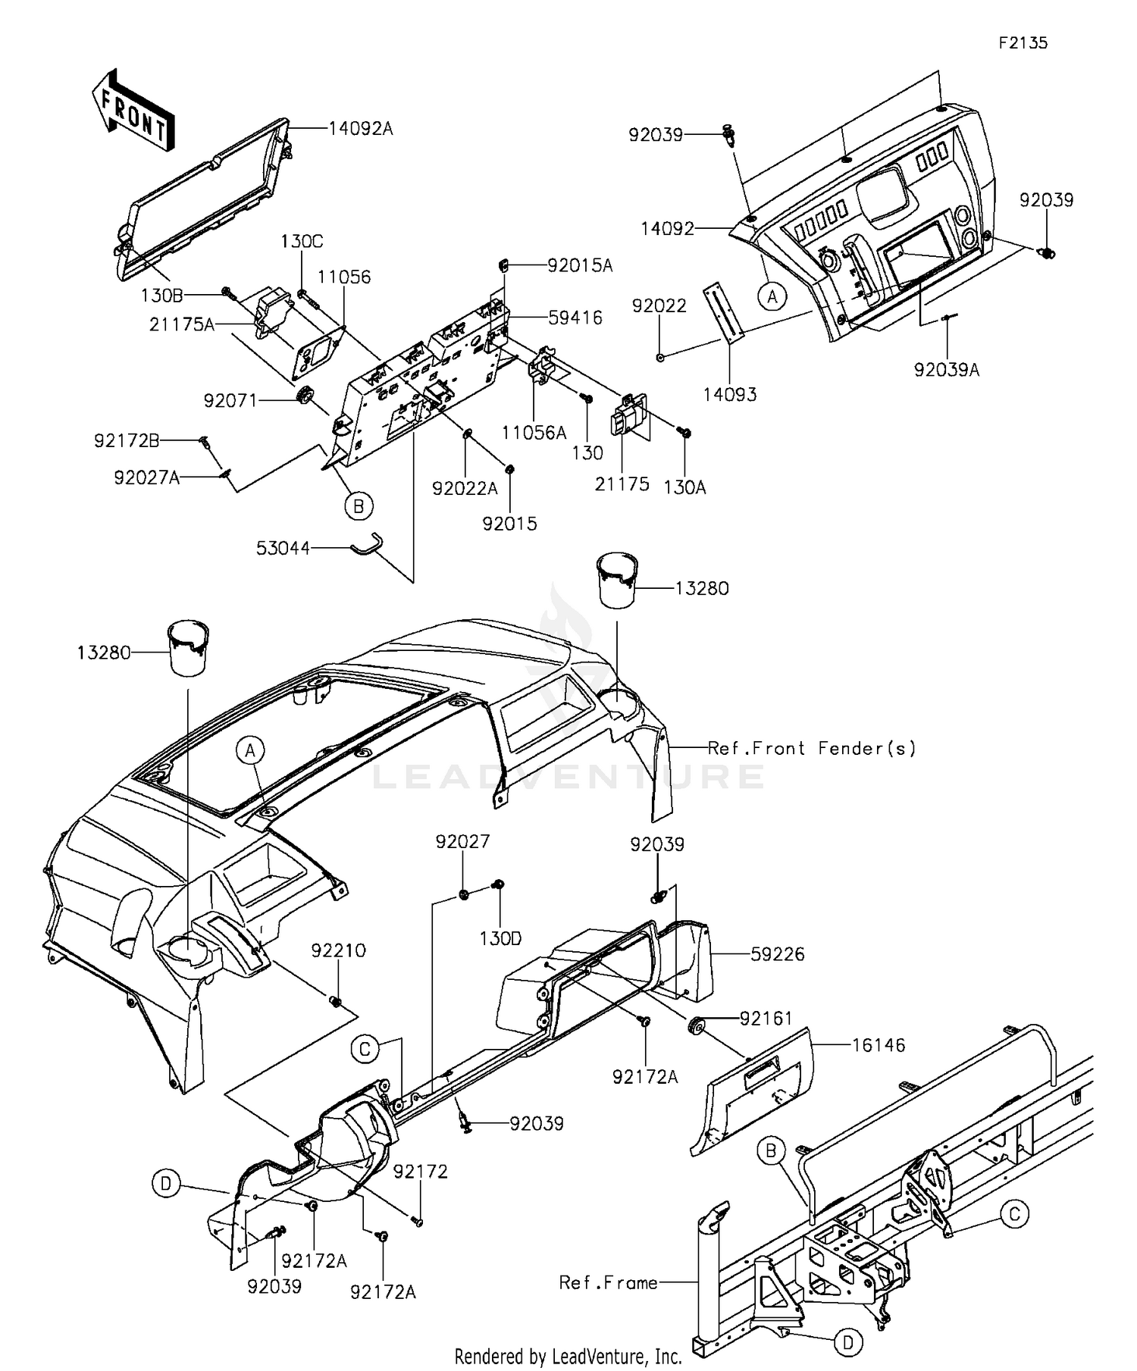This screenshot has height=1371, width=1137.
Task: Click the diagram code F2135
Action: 1023,42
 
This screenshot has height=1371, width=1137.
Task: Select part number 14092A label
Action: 361,129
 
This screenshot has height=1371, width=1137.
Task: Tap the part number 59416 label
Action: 575,318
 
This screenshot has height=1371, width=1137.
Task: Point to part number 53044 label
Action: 283,548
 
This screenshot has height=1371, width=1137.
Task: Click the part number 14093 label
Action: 729,394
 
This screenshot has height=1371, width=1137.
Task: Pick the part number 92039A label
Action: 947,370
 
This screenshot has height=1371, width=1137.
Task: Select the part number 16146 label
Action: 879,1045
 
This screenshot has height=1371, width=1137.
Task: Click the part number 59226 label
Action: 778,954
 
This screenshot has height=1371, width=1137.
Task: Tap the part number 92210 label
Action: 339,950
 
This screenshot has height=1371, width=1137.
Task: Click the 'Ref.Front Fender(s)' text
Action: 812,749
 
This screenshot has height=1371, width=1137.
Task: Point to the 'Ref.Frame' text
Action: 608,1282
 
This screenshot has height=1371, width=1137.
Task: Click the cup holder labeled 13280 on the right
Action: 618,581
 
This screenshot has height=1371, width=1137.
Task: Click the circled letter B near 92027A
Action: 359,506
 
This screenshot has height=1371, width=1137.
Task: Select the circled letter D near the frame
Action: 848,1343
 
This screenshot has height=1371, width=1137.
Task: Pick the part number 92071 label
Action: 230,400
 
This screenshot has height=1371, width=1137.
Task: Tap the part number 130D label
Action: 500,938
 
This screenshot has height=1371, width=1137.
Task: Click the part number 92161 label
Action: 767,1019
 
